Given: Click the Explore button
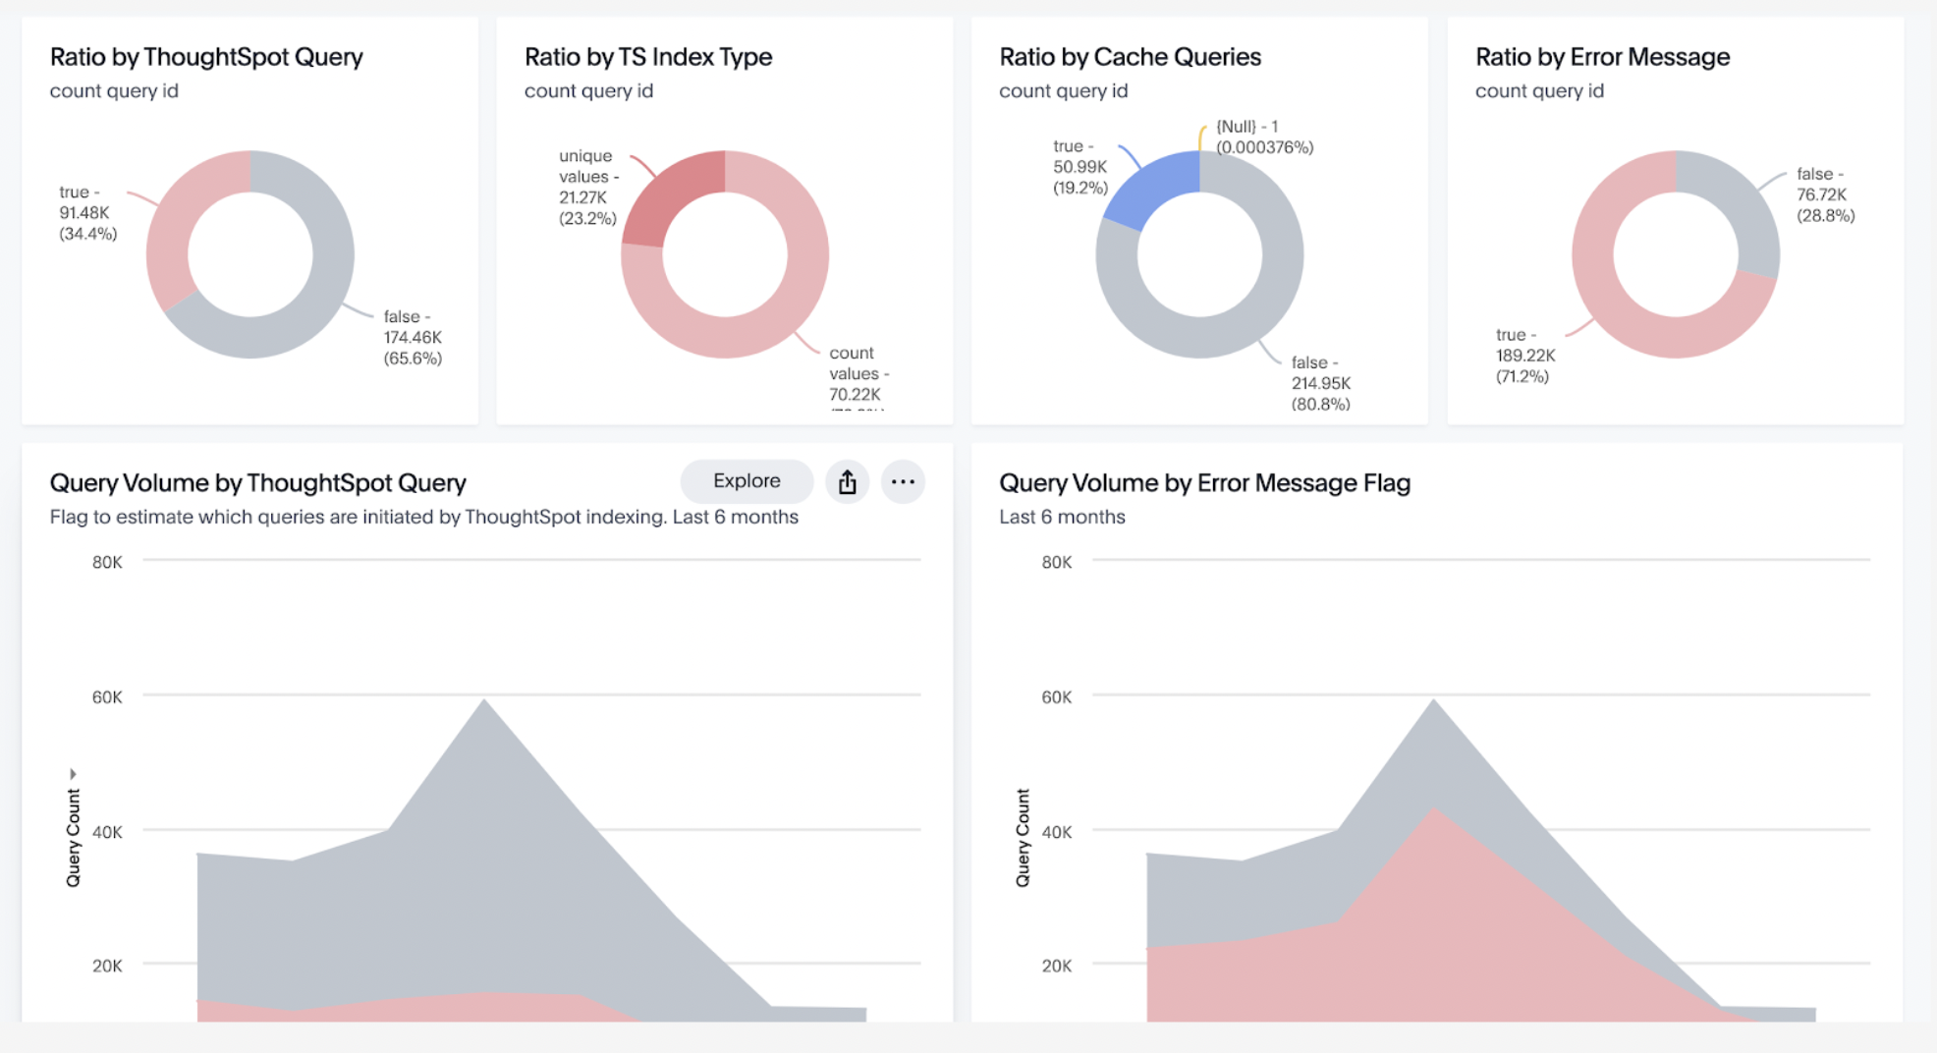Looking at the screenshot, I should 747,481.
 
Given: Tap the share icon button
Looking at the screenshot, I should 847,482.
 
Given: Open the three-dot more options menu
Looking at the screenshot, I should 903,482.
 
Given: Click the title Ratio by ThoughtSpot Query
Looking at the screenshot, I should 206,57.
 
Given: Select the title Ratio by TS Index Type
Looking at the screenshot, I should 648,57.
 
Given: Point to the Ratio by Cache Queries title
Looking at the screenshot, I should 1130,57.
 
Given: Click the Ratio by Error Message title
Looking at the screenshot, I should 1602,57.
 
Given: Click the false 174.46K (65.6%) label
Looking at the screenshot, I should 413,337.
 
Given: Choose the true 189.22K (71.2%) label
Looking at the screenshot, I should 1524,356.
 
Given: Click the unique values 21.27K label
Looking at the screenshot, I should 588,187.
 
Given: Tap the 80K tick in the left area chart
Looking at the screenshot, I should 107,562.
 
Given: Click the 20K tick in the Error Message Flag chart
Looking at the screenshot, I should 1057,966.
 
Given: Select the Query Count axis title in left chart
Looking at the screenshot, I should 73,837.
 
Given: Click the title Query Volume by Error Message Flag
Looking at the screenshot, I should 1204,483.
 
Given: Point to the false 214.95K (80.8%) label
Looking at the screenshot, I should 1320,383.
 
